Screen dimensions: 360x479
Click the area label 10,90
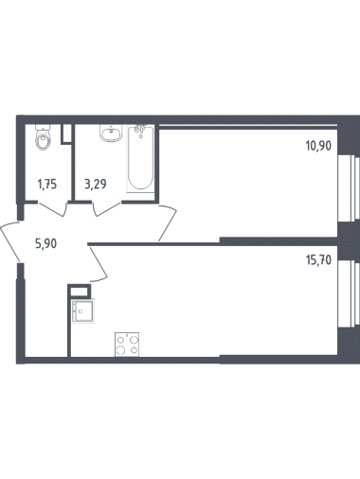(318, 146)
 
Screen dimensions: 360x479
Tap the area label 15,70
(318, 260)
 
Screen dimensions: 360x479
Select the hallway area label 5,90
(46, 244)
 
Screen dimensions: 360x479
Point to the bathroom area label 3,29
(96, 184)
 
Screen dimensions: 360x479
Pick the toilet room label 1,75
(47, 184)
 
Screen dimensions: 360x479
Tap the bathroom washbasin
(111, 133)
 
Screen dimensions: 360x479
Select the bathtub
(140, 158)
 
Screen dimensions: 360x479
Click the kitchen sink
(83, 311)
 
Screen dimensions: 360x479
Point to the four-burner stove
(127, 345)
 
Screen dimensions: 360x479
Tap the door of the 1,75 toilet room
(53, 209)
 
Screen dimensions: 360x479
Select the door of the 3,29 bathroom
(107, 209)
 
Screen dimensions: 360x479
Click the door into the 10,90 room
(168, 223)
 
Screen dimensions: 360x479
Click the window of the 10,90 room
(349, 188)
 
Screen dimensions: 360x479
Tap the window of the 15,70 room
(349, 294)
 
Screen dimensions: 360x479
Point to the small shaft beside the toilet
(66, 134)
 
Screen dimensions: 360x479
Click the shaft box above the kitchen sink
(80, 291)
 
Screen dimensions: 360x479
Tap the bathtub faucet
(139, 130)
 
